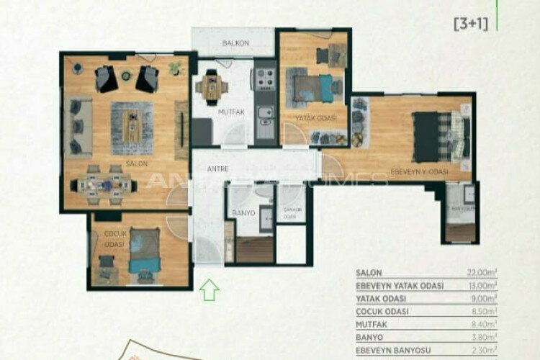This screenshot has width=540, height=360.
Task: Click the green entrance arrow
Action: pos(209,289)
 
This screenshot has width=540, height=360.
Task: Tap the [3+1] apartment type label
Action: pos(471,24)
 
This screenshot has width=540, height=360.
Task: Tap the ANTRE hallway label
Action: pos(218,169)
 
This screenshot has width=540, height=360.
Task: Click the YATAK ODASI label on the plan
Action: pos(311,117)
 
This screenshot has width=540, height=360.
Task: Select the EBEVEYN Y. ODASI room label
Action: pos(419,171)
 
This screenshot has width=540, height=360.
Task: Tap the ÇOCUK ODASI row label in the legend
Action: pos(382,311)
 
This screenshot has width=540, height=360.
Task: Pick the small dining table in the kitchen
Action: pos(212,87)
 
